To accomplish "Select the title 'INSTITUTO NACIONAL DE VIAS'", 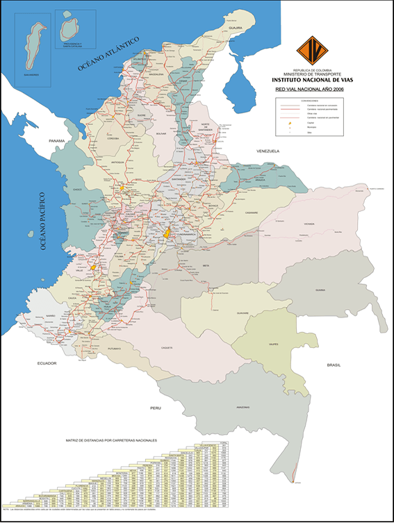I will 310,80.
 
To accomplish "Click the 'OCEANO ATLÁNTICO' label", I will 108,53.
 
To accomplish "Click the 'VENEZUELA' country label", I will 267,151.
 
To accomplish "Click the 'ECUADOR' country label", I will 47,363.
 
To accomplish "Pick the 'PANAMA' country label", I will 56,141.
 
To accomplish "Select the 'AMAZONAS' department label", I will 243,406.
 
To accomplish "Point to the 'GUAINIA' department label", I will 320,290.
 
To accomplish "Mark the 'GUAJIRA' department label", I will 234,28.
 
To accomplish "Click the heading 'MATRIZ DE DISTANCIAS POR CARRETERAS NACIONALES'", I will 111,440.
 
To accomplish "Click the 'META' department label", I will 206,265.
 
